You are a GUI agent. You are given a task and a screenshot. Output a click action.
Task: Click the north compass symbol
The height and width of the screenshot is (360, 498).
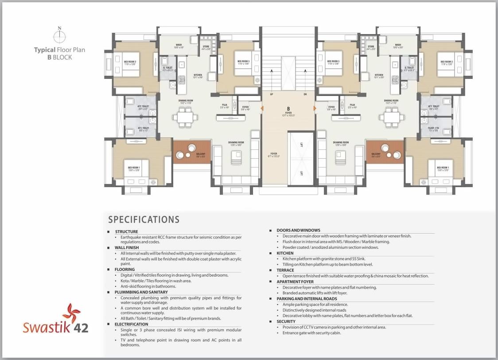(x=60, y=35)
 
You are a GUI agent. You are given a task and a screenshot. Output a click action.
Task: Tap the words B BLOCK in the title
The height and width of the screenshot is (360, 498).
(x=59, y=57)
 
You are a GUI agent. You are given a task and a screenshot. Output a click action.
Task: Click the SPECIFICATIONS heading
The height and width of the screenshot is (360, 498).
(x=144, y=219)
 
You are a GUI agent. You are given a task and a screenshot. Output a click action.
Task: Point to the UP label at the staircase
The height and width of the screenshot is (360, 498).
(x=271, y=94)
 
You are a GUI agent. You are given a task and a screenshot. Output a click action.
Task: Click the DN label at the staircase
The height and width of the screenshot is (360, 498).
(x=305, y=94)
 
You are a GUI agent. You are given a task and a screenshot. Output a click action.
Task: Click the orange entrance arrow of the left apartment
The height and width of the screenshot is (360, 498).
(x=263, y=108)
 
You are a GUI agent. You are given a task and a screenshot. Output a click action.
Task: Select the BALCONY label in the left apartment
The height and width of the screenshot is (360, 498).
(x=201, y=155)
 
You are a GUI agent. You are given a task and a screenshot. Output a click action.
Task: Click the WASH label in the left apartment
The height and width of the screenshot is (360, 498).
(x=179, y=45)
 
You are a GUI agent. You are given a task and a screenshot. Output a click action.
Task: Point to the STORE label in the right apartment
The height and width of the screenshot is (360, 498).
(x=371, y=46)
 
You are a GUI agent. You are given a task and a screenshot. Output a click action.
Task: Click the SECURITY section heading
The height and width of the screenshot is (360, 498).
(x=286, y=321)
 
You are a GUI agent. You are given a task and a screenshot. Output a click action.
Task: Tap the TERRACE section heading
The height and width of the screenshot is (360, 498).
(x=285, y=270)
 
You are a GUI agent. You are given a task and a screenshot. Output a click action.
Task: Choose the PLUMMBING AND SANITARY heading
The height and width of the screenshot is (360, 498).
(x=141, y=292)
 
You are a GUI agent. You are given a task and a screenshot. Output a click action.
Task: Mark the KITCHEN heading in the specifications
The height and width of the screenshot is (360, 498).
(x=285, y=253)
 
